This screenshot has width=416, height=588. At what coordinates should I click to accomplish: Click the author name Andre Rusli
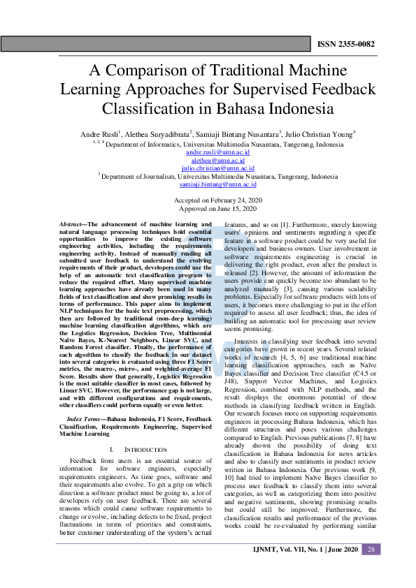click(100, 133)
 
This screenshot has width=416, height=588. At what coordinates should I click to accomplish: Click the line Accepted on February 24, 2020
click(217, 200)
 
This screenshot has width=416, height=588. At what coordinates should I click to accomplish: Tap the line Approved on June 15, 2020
click(217, 208)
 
